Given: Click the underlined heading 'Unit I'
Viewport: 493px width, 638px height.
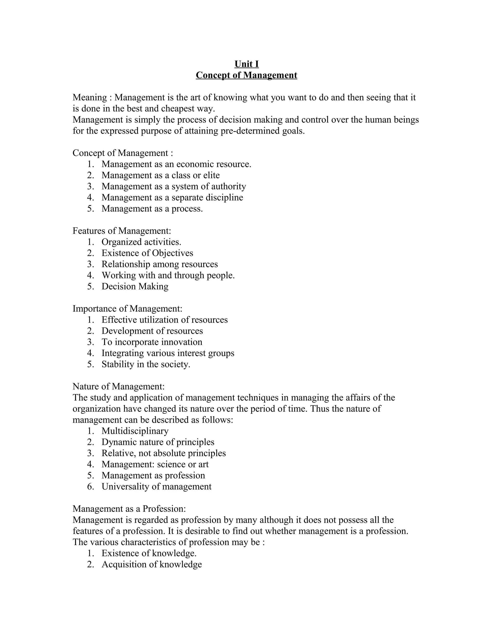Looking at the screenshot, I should pyautogui.click(x=246, y=64).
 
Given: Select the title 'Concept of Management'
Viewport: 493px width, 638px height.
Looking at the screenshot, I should pyautogui.click(x=246, y=75).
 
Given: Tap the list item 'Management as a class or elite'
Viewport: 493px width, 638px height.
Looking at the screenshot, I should pyautogui.click(x=160, y=175).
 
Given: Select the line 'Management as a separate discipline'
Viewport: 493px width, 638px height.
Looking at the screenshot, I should pyautogui.click(x=172, y=197).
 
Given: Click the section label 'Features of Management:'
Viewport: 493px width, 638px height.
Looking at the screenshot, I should pyautogui.click(x=122, y=231).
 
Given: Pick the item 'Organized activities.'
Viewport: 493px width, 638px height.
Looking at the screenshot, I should pyautogui.click(x=141, y=242).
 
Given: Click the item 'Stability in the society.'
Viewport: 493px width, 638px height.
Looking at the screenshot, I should pyautogui.click(x=146, y=364).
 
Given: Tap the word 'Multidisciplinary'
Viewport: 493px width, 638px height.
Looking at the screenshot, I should pyautogui.click(x=135, y=431).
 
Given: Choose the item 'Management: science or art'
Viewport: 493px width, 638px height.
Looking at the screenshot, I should pyautogui.click(x=155, y=464).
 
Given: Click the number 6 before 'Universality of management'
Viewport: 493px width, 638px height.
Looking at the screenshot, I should pyautogui.click(x=90, y=486).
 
